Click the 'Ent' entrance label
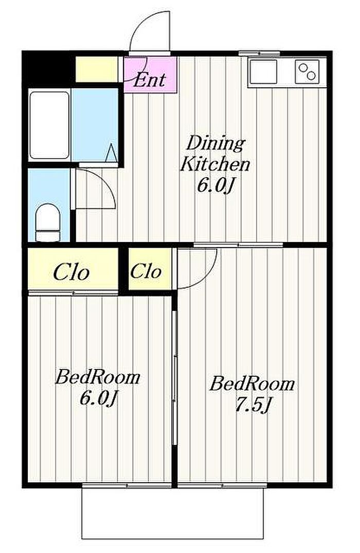[149, 79]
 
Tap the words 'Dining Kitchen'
[215, 154]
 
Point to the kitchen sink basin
[263, 71]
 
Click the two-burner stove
[307, 71]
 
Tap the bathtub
[49, 125]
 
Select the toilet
[48, 223]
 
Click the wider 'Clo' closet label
[71, 272]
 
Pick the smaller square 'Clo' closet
[150, 269]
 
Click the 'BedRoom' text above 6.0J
[98, 377]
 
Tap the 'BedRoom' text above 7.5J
[252, 383]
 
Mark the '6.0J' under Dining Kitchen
[215, 185]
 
